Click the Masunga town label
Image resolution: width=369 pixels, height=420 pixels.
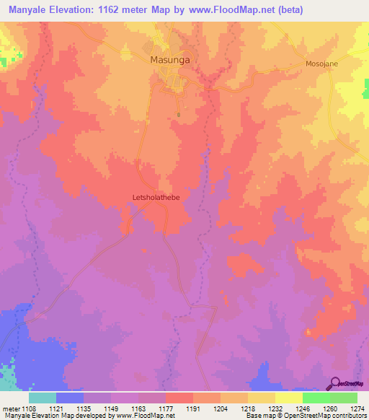170,61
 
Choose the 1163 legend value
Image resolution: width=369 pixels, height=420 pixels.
138,408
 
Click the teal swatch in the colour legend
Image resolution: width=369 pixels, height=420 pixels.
43,398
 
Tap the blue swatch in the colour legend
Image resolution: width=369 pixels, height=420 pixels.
70,398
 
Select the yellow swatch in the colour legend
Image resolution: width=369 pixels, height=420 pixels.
289,398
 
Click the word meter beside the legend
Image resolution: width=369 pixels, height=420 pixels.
10,408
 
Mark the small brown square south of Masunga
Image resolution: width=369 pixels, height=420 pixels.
178,113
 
